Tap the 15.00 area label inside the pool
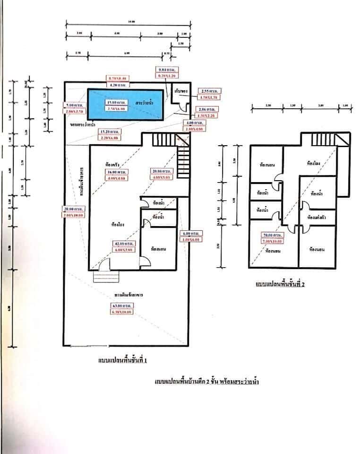pyautogui.click(x=112, y=102)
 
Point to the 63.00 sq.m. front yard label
pyautogui.click(x=122, y=306)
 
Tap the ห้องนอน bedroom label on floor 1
pyautogui.click(x=158, y=248)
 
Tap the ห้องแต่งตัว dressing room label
pyautogui.click(x=317, y=218)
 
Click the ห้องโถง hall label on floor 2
pyautogui.click(x=315, y=164)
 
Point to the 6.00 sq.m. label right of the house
pyautogui.click(x=191, y=233)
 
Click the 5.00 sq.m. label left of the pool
pyautogui.click(x=74, y=105)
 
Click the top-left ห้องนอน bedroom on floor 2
pyautogui.click(x=268, y=165)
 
